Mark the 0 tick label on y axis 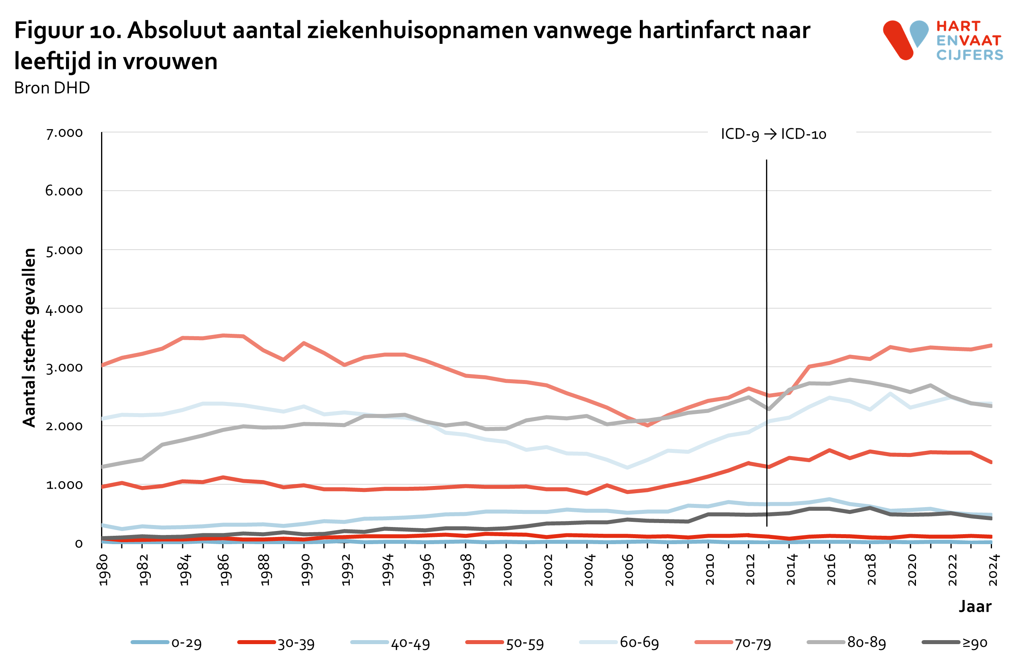click(78, 544)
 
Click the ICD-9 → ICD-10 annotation click(773, 134)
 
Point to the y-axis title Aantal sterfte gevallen click(29, 338)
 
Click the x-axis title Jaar click(975, 606)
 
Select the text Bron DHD click(52, 88)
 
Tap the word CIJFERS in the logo click(969, 55)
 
